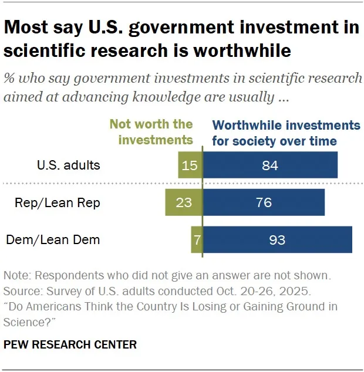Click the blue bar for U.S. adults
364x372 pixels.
tap(270, 165)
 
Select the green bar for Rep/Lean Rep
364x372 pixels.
tap(183, 202)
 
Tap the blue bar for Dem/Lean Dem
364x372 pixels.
tap(277, 239)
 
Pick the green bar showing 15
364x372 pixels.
tap(190, 165)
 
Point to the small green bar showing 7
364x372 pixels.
tap(197, 239)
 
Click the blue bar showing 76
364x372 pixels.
tap(264, 202)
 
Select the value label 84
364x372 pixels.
tap(269, 165)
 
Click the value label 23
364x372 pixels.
tap(184, 202)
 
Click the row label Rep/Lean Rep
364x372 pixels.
tap(58, 203)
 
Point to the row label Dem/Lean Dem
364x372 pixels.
tap(53, 239)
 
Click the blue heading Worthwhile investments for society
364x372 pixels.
tap(285, 133)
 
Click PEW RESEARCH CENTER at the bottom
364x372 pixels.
tap(70, 344)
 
